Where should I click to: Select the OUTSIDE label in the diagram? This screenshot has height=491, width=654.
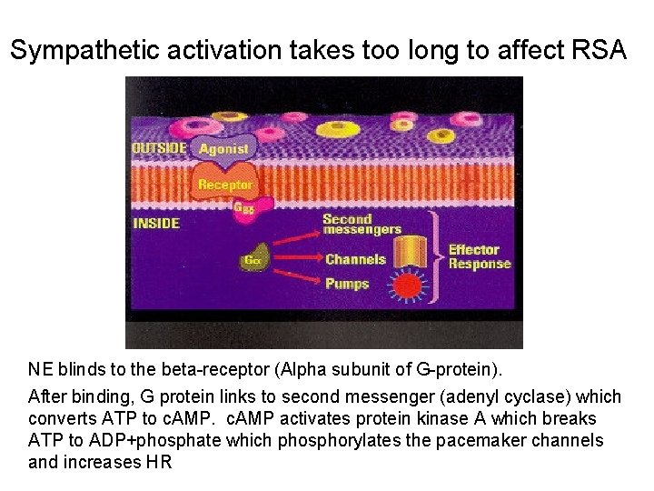coord(160,148)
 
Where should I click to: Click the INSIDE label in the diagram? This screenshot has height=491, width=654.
coord(156,223)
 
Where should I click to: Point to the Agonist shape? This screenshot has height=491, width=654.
coord(223,149)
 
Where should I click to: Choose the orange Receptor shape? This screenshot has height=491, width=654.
coord(225,185)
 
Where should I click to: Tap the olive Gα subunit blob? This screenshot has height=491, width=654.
coord(253,260)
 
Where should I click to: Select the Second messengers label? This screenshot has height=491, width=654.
coord(361,224)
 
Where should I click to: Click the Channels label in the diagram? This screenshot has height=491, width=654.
coord(355,260)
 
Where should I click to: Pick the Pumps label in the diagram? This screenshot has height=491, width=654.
coord(347,284)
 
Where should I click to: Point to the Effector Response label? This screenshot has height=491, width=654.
coord(479,256)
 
